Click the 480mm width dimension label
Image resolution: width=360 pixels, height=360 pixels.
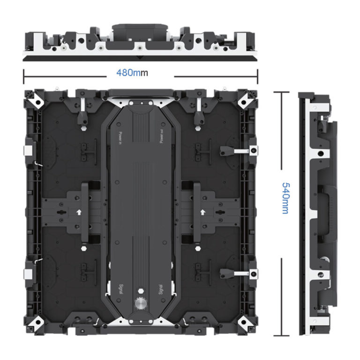[x=132, y=73]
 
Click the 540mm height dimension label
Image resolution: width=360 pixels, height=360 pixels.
[x=286, y=198]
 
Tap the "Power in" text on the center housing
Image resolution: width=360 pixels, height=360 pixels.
[x=120, y=138]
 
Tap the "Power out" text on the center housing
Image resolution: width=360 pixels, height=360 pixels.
[x=162, y=136]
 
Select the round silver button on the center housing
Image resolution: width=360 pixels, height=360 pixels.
[x=141, y=303]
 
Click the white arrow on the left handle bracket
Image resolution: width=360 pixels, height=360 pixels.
[x=79, y=212]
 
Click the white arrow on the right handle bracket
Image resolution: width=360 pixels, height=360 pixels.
[x=202, y=212]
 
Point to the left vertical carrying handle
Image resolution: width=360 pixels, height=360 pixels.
[x=85, y=212]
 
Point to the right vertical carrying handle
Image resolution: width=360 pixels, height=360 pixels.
[x=197, y=212]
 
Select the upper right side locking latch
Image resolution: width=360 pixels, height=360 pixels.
[x=239, y=151]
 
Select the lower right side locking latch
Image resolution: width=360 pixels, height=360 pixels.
[x=239, y=273]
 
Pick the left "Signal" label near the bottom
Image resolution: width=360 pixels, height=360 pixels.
[x=121, y=289]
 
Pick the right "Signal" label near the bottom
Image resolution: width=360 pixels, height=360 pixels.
[x=161, y=290]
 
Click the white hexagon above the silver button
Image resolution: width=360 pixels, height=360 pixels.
[x=141, y=291]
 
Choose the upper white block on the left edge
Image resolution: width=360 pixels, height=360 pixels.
[x=28, y=150]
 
